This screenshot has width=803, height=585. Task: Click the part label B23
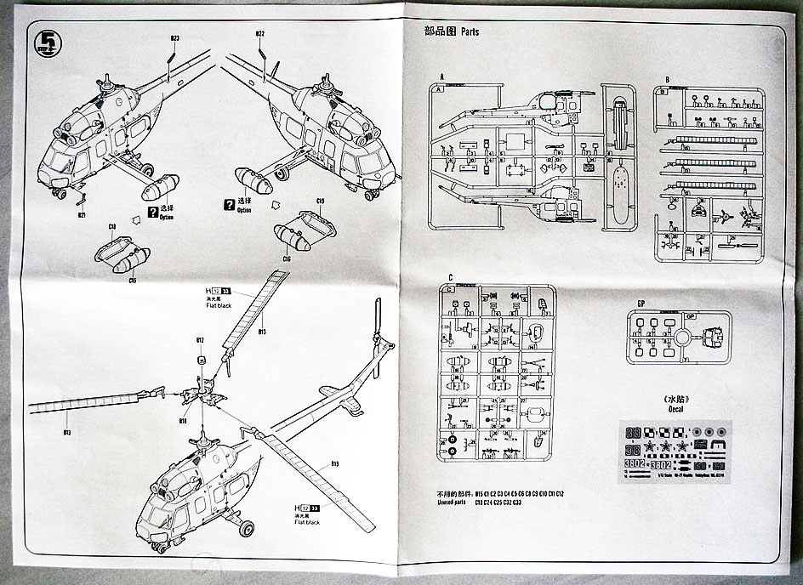coord(174,38)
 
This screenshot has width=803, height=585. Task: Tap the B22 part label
coord(260,34)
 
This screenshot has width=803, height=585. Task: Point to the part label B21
coord(82,215)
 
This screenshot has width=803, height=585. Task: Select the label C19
coord(321,202)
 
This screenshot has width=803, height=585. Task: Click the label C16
coord(287,258)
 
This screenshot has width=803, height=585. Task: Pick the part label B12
coord(201,340)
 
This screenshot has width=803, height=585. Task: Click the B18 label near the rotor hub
coord(183,420)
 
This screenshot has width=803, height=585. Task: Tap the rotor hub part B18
coord(202,395)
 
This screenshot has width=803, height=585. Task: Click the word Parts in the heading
coord(470,32)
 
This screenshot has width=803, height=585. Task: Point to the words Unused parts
coord(443,503)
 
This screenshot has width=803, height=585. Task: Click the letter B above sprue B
coord(667,79)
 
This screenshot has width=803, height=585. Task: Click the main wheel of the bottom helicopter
coord(247,529)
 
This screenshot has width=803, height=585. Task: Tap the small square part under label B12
coord(202,360)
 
